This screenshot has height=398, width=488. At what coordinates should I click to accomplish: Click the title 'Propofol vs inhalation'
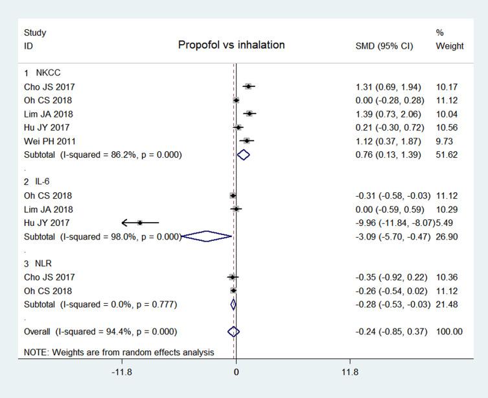pyautogui.click(x=231, y=45)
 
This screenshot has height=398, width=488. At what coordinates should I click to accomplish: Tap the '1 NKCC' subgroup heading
pyautogui.click(x=42, y=73)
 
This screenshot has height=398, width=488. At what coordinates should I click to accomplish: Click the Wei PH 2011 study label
pyautogui.click(x=49, y=141)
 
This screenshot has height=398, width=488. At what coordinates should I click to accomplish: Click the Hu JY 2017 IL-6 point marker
pyautogui.click(x=139, y=223)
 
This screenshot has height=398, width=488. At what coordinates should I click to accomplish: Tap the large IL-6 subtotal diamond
pyautogui.click(x=207, y=236)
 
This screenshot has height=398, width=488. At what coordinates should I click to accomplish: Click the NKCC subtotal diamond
pyautogui.click(x=243, y=155)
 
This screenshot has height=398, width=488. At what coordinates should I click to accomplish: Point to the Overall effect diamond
pyautogui.click(x=234, y=332)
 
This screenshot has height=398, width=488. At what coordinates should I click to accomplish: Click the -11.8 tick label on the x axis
pyautogui.click(x=122, y=372)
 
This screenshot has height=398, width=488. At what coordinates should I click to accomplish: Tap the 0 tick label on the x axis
pyautogui.click(x=236, y=372)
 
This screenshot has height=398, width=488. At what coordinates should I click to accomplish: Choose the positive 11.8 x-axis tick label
pyautogui.click(x=349, y=372)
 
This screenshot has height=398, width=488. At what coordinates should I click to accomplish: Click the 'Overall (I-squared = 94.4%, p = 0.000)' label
pyautogui.click(x=100, y=332)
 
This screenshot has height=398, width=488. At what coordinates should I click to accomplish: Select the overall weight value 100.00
pyautogui.click(x=449, y=332)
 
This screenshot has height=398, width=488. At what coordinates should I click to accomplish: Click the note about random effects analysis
pyautogui.click(x=119, y=353)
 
